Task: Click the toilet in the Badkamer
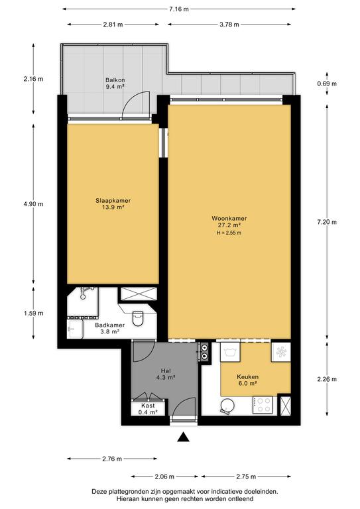(138, 318)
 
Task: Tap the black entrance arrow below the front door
(184, 437)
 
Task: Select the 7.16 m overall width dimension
(179, 9)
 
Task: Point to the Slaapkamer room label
(113, 201)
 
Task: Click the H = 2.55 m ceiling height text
(229, 233)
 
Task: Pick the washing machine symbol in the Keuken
(230, 352)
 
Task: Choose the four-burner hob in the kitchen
(263, 405)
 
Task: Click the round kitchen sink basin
(227, 406)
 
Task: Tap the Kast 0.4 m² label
(148, 409)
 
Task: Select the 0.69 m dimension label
(327, 84)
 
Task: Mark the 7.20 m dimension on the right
(327, 222)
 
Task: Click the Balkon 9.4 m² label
(115, 83)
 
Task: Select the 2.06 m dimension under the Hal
(164, 477)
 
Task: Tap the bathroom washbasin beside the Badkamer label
(75, 329)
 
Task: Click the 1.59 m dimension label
(33, 313)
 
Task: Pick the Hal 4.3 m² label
(166, 374)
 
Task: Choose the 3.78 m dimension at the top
(229, 25)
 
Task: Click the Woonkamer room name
(229, 219)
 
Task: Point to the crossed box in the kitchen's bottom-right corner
(286, 405)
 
